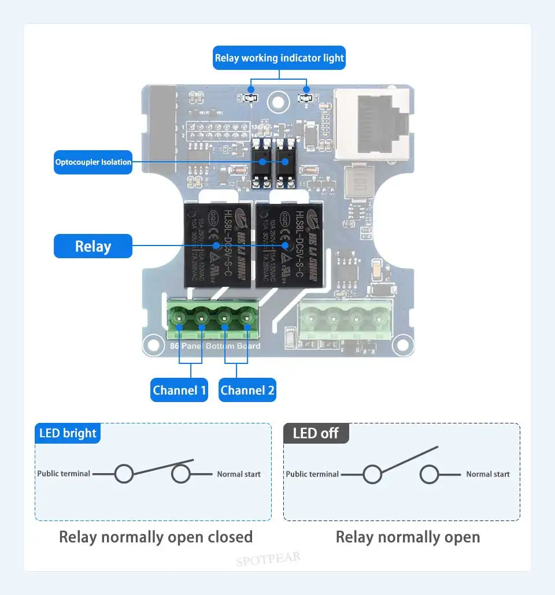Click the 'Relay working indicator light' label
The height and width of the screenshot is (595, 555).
pyautogui.click(x=279, y=58)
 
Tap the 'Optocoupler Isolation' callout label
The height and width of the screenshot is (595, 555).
pyautogui.click(x=93, y=162)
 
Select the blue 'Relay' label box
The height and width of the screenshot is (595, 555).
pyautogui.click(x=93, y=246)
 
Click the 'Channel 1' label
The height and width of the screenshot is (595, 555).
pyautogui.click(x=179, y=391)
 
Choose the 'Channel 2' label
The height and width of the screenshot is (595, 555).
pyautogui.click(x=247, y=391)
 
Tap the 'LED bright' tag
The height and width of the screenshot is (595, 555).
pyautogui.click(x=68, y=433)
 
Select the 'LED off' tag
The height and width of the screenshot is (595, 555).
pyautogui.click(x=316, y=433)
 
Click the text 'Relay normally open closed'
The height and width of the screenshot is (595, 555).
pyautogui.click(x=156, y=537)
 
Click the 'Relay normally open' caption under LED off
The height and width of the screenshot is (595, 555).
pyautogui.click(x=408, y=537)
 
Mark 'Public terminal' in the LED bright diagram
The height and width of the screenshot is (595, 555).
pyautogui.click(x=64, y=474)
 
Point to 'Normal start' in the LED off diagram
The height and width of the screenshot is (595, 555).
pyautogui.click(x=488, y=474)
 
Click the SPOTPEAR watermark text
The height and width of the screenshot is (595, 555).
pyautogui.click(x=268, y=559)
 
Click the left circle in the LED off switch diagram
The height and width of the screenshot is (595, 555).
pyautogui.click(x=372, y=475)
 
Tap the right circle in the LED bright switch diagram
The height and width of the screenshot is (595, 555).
pyautogui.click(x=181, y=474)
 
